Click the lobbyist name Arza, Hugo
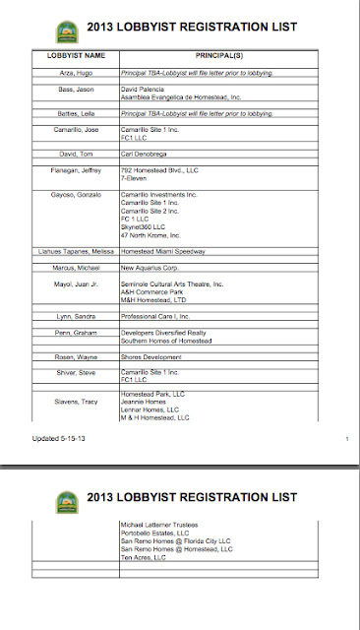(x=74, y=74)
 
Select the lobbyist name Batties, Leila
(x=74, y=115)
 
